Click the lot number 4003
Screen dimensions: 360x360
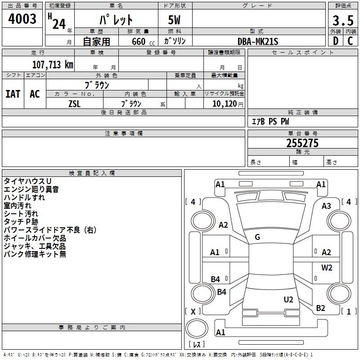coord(22,19)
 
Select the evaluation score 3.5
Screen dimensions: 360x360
coord(342,20)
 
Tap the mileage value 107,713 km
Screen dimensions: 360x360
coord(53,65)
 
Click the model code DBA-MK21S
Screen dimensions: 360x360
coord(258,41)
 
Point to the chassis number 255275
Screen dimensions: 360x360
coord(302,143)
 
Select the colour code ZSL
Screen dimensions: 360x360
coord(75,103)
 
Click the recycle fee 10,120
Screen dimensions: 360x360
coord(223,103)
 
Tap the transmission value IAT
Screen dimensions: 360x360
coord(13,94)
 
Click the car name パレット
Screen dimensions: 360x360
coord(116,20)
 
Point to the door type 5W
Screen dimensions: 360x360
coord(175,20)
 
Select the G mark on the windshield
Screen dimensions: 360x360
coord(257,237)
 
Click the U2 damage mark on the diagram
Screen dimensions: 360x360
coord(288,299)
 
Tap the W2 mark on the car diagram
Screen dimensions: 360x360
coord(327,268)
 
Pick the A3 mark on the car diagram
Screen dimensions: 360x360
coord(326,206)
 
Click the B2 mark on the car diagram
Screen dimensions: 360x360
coord(320,308)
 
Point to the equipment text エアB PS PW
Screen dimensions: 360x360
coord(270,121)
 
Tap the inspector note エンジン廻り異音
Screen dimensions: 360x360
coord(31,189)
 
